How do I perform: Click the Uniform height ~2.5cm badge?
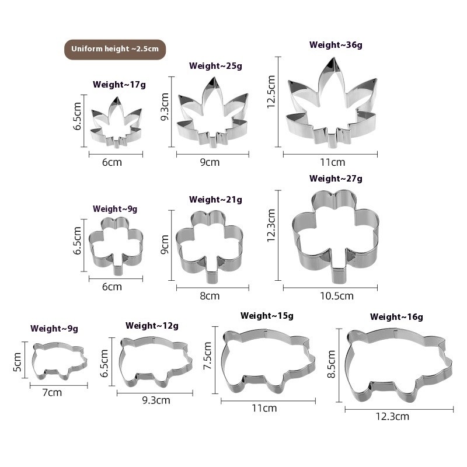115,50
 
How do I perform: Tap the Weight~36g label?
336,45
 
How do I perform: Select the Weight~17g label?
119,85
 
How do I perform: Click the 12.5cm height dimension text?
271,92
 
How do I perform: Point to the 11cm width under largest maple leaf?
333,162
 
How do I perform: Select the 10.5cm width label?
337,296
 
